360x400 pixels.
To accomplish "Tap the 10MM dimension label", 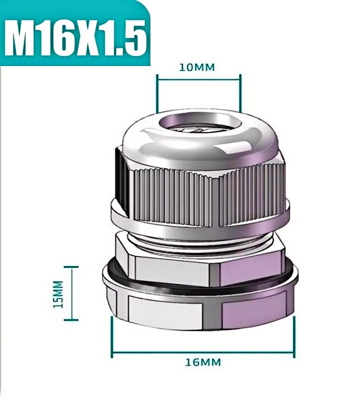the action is (197, 67).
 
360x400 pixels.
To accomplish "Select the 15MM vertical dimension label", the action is (58, 294).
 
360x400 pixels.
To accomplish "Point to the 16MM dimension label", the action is (203, 362).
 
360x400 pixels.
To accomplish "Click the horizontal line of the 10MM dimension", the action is (199, 79).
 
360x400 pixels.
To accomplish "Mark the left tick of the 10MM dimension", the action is (157, 93).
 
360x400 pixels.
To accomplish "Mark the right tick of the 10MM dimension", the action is (240, 93).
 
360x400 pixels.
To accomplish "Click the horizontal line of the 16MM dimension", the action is (203, 352).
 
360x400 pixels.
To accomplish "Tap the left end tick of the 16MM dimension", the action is (112, 336).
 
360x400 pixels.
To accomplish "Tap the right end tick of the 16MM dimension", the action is (294, 336).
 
